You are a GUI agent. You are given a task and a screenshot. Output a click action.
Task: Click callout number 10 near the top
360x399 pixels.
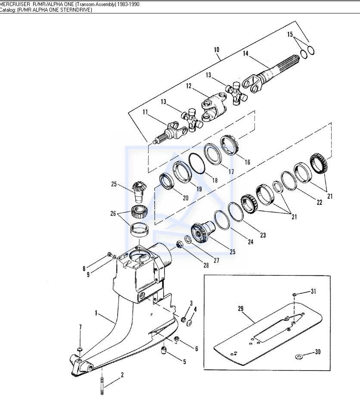(x=216, y=50)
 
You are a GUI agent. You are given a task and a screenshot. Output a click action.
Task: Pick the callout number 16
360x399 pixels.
(x=247, y=162)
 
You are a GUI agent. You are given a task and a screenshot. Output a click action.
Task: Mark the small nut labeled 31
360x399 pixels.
(x=294, y=295)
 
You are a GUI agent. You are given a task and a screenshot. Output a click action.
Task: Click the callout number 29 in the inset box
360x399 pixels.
(x=241, y=309)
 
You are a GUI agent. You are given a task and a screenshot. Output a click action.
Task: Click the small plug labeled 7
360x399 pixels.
(x=80, y=349)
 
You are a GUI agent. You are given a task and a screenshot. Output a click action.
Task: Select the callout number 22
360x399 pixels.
(x=319, y=202)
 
